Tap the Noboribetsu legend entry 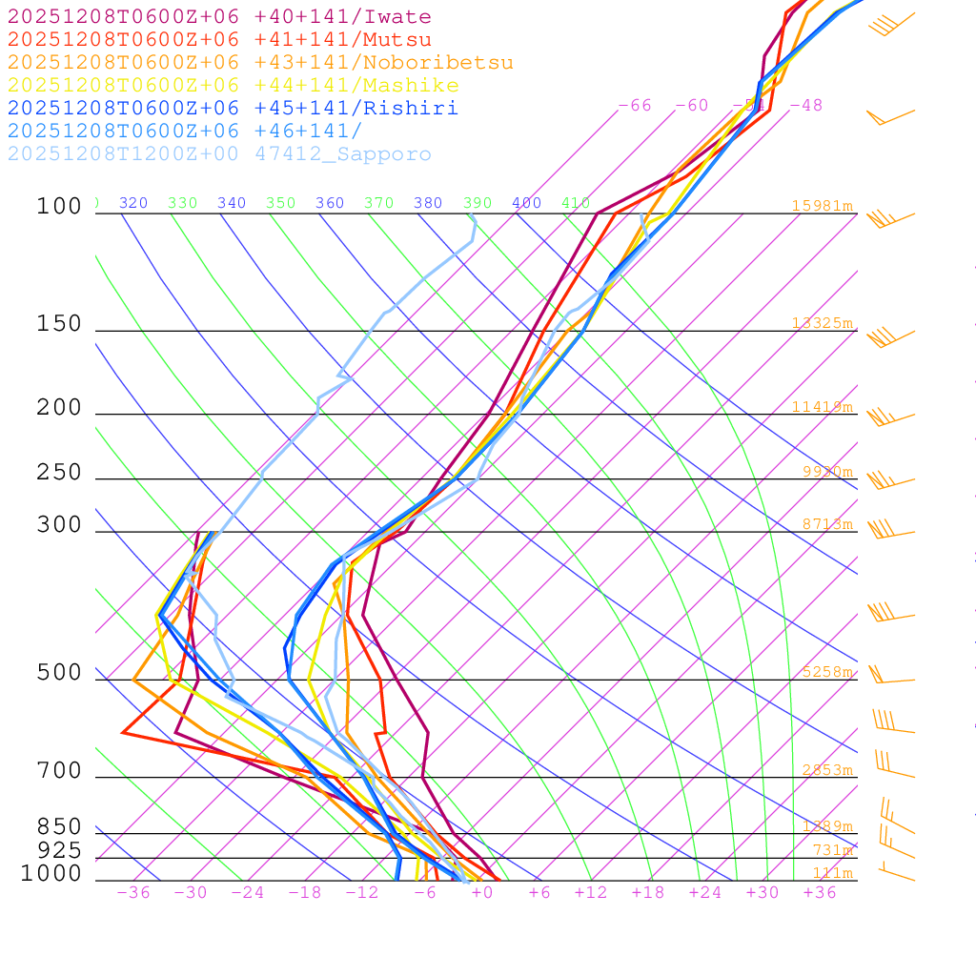(260, 63)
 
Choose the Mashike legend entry (233, 86)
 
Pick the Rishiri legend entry (233, 109)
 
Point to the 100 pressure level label (59, 206)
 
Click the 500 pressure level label (59, 673)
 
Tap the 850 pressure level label (59, 826)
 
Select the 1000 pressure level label (51, 873)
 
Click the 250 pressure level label (59, 473)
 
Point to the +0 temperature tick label (482, 893)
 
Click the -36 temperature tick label (133, 893)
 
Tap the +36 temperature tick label (820, 893)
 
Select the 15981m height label (822, 206)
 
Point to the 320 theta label (133, 203)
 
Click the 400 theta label (526, 203)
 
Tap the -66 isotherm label (635, 106)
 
